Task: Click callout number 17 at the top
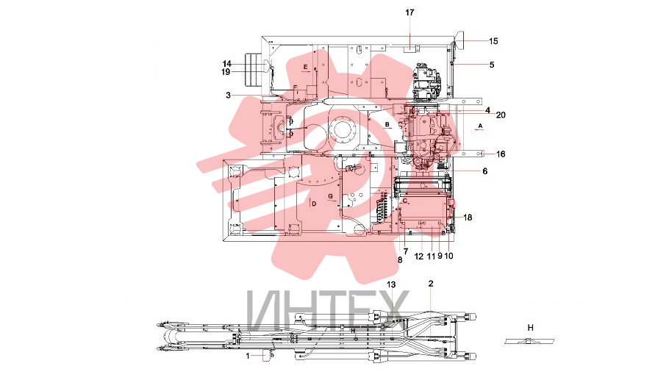tap(410, 12)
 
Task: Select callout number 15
tap(493, 41)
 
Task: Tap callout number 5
tap(492, 65)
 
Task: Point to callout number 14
tap(226, 64)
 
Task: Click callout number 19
tap(226, 72)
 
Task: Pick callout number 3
tap(229, 96)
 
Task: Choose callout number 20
tap(501, 115)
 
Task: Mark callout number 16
tap(501, 154)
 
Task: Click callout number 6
tap(485, 171)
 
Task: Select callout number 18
tap(468, 218)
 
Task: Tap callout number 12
tap(419, 257)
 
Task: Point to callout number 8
tap(400, 260)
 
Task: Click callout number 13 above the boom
tap(391, 284)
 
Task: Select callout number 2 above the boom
tap(431, 284)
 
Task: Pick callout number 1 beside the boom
tap(248, 356)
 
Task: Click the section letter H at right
tap(530, 328)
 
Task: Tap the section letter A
tap(481, 126)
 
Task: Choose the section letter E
tap(306, 67)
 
